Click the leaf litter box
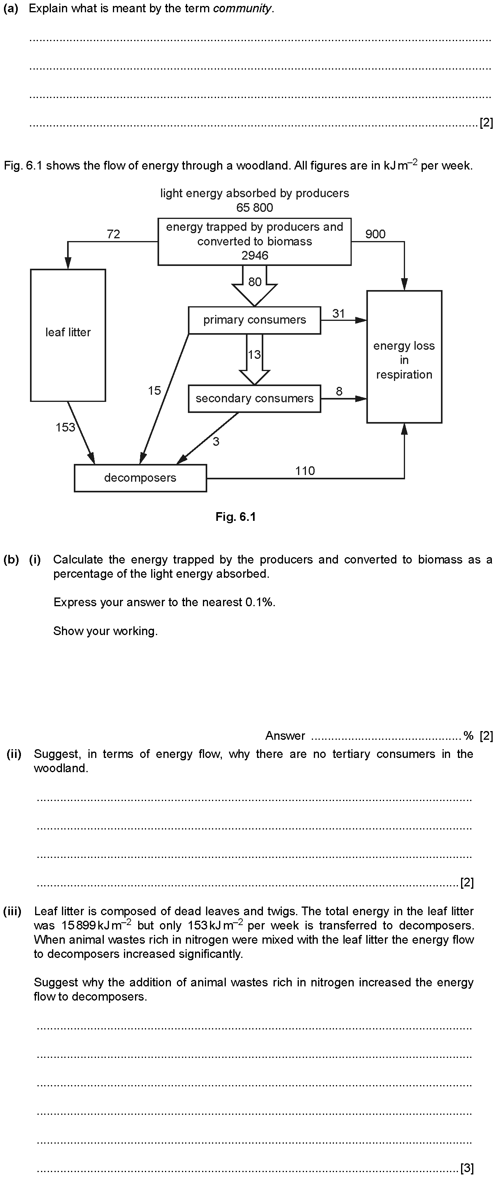click(x=68, y=335)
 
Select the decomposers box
click(x=140, y=478)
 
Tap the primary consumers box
click(x=255, y=320)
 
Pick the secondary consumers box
click(x=255, y=399)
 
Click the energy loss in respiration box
click(x=404, y=357)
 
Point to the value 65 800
click(x=255, y=207)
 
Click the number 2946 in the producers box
click(x=255, y=255)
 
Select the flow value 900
click(x=375, y=234)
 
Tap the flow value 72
click(x=113, y=234)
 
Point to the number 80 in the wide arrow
click(x=255, y=282)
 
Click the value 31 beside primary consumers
click(x=338, y=313)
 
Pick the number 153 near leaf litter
click(x=65, y=427)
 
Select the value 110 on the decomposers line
click(x=305, y=471)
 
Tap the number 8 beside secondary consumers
click(x=339, y=392)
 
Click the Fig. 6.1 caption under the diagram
click(x=236, y=517)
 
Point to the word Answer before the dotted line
click(x=285, y=736)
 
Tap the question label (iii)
click(x=12, y=911)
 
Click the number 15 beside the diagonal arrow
click(x=154, y=390)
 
